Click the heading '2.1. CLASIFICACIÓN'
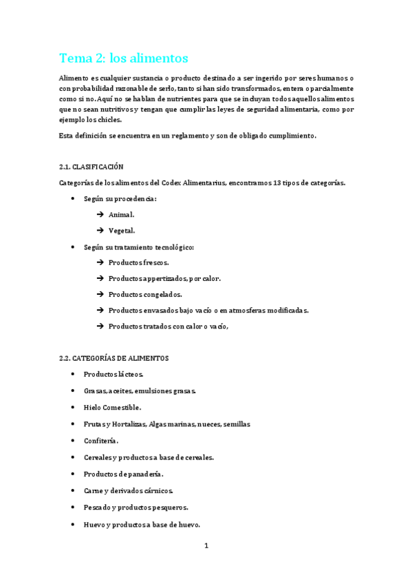coord(91,167)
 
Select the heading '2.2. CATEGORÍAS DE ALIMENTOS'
coord(113,358)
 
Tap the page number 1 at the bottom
coord(206,546)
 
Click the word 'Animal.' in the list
coord(121,215)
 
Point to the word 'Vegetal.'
coord(122,231)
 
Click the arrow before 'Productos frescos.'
coord(100,262)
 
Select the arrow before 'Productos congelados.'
coord(100,294)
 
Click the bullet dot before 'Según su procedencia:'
coord(74,198)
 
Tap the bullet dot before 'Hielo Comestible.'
coord(74,407)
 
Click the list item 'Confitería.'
coord(101,441)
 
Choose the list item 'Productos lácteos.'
coord(113,374)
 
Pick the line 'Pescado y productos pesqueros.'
coord(135,508)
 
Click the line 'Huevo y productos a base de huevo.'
coord(142,525)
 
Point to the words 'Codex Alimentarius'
coord(192,182)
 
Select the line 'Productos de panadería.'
coord(123,474)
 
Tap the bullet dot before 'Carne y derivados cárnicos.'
coord(74,491)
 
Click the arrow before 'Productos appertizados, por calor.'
coord(100,278)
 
